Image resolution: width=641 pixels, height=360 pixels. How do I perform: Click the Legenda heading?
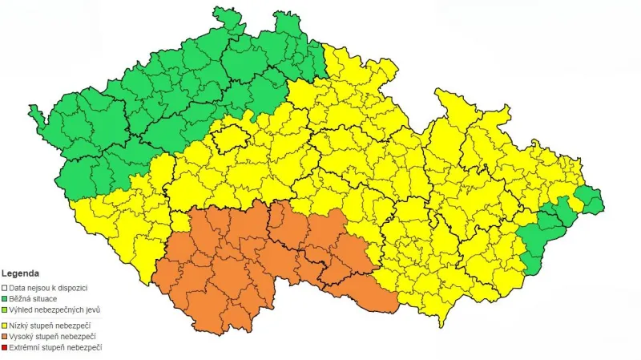coord(20,273)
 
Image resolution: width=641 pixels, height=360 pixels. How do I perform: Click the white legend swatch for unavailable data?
coord(5,287)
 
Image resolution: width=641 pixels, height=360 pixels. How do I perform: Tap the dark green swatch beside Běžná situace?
coord(5,298)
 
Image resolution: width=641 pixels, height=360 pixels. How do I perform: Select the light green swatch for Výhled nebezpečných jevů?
coord(5,309)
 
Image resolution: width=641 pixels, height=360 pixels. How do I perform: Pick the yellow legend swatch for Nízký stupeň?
coord(5,325)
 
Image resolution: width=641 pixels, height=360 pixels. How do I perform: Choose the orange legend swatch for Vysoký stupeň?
coord(5,336)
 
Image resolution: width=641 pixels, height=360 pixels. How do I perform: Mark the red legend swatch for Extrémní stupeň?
coord(5,347)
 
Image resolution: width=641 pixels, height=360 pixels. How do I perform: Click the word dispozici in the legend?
coord(72,287)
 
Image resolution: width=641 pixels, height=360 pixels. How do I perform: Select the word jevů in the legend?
coord(92,309)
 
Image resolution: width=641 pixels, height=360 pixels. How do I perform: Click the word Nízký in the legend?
coord(18,325)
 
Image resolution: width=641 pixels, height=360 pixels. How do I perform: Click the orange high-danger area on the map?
coord(240,257)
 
